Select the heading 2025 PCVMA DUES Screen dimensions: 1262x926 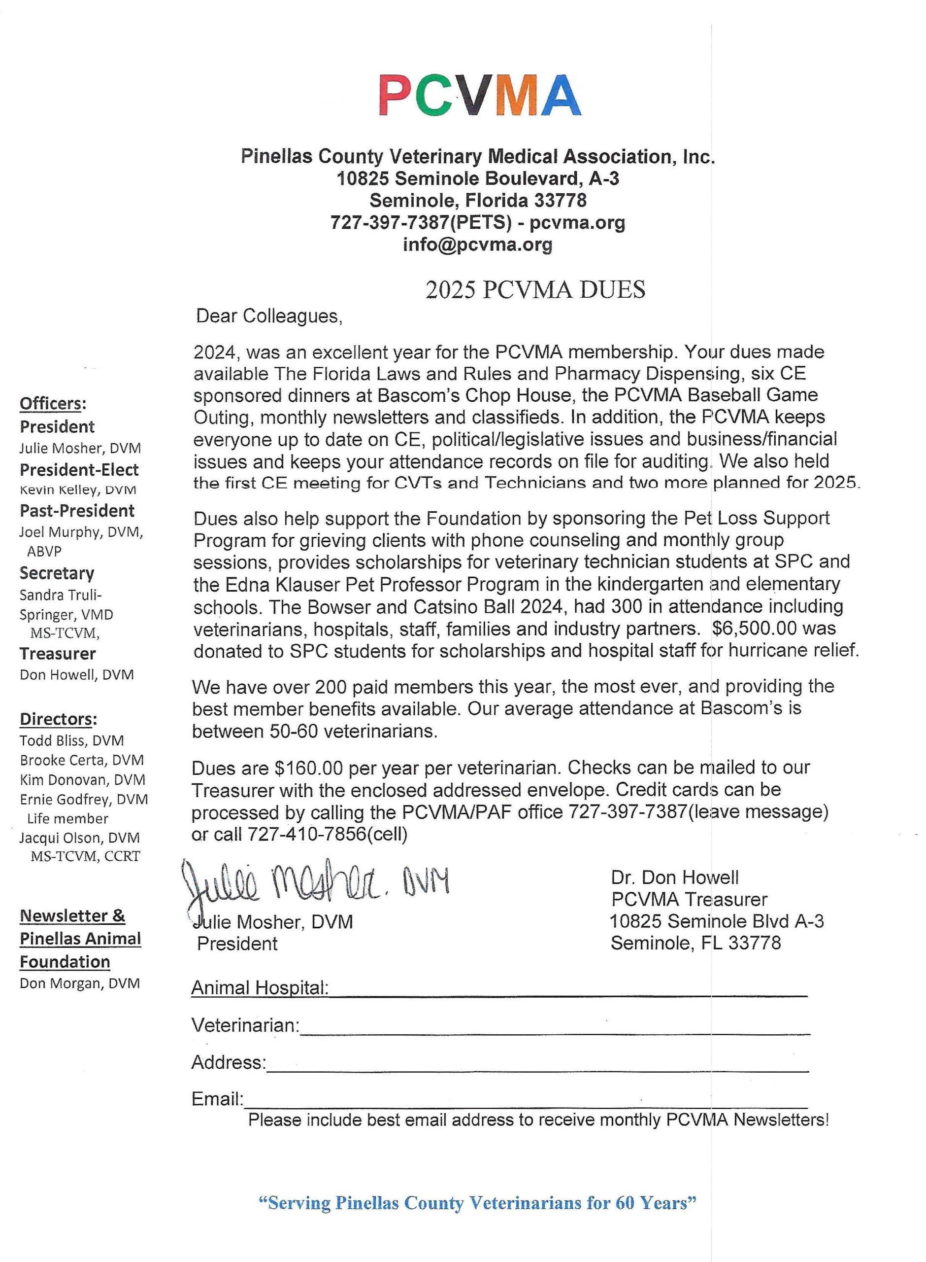(x=535, y=289)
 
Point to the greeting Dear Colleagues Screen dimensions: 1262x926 (x=269, y=316)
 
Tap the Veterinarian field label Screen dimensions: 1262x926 (x=245, y=1025)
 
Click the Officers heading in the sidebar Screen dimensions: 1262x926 (x=53, y=403)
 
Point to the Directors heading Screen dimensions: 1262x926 (x=58, y=719)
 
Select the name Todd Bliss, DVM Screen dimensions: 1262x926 (x=72, y=741)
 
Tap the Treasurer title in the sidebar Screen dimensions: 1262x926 (x=58, y=654)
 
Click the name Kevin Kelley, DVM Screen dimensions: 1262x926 (x=78, y=490)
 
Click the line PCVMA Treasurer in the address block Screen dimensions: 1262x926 (x=689, y=899)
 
